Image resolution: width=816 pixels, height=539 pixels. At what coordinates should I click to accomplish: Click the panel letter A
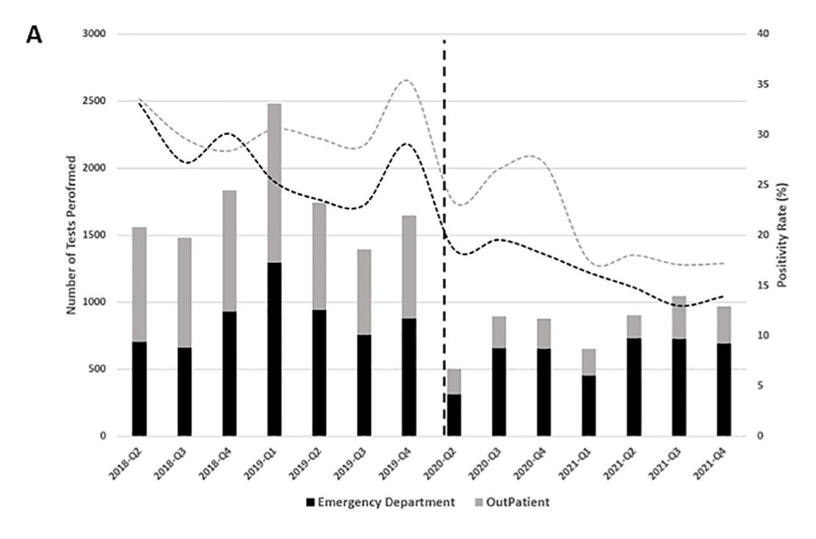point(34,35)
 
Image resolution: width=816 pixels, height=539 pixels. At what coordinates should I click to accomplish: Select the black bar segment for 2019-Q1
point(274,349)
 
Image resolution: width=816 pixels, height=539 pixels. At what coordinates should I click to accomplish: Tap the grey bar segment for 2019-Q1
point(274,183)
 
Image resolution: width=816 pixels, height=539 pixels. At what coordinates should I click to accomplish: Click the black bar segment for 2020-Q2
point(455,415)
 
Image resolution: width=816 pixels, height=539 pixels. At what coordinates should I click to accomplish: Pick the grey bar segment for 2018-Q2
point(139,284)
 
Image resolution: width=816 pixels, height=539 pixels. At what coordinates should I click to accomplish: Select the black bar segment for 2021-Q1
point(590,405)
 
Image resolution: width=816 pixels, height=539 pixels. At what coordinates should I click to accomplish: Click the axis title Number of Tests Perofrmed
point(72,235)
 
